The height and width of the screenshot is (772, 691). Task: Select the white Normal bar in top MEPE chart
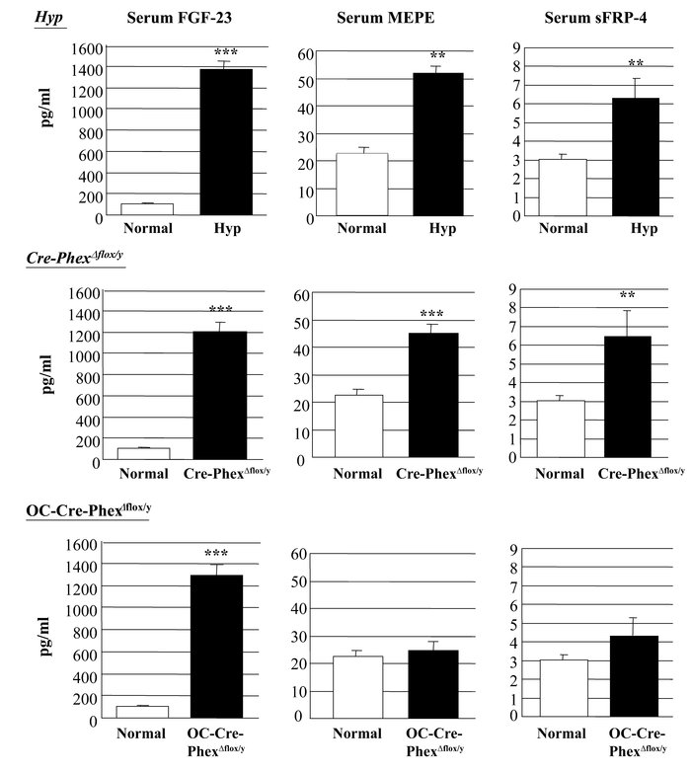pyautogui.click(x=361, y=185)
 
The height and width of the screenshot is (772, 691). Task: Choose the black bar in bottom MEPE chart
pyautogui.click(x=432, y=681)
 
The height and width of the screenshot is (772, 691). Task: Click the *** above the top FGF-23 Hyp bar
pyautogui.click(x=226, y=50)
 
